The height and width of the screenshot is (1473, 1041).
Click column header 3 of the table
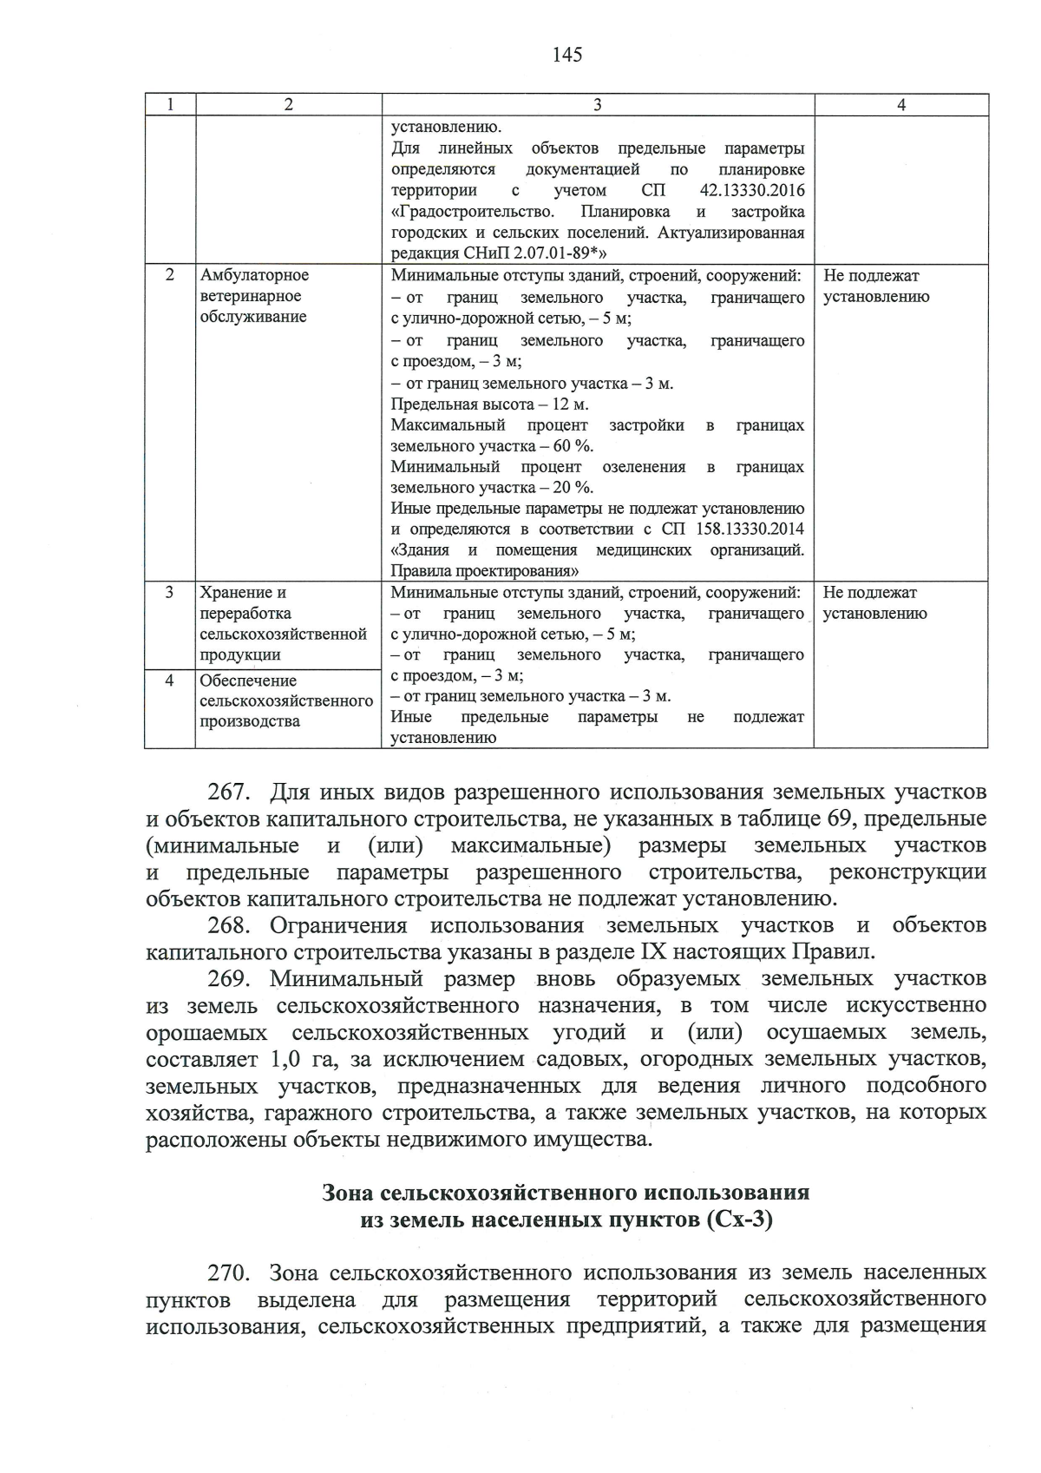pyautogui.click(x=597, y=105)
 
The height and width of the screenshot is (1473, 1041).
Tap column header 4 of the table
pyautogui.click(x=901, y=105)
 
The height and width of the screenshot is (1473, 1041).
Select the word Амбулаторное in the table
pyautogui.click(x=254, y=275)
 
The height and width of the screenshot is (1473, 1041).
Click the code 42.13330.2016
pyautogui.click(x=751, y=191)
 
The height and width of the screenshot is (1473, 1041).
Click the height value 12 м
pyautogui.click(x=570, y=404)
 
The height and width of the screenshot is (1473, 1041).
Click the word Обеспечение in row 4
pyautogui.click(x=248, y=681)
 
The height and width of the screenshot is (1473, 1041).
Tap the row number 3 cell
pyautogui.click(x=170, y=592)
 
